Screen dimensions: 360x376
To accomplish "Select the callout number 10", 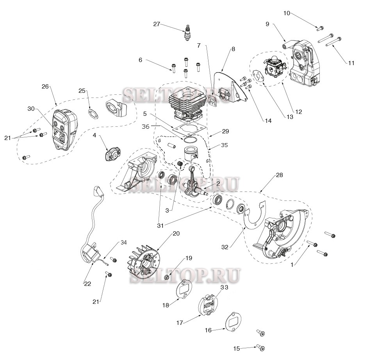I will click(x=286, y=13).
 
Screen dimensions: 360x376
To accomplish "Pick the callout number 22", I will click(x=87, y=284).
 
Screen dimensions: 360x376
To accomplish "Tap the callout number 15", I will click(x=236, y=348).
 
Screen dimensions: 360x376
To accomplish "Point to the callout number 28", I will click(x=279, y=176).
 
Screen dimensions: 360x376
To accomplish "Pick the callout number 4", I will click(x=94, y=135).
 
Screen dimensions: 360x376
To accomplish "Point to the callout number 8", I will click(x=233, y=49).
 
